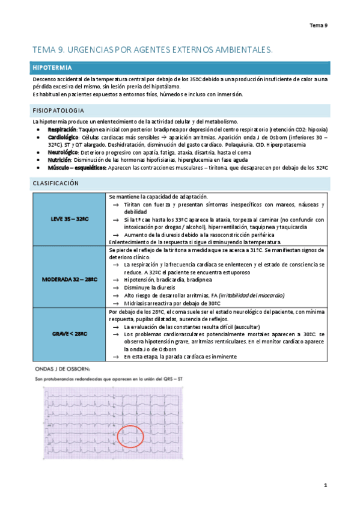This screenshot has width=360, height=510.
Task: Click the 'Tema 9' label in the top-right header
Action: click(318, 25)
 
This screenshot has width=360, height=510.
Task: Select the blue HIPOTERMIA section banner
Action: click(180, 67)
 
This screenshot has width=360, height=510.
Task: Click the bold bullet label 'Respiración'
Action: click(62, 129)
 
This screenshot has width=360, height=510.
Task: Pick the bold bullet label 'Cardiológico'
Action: click(63, 137)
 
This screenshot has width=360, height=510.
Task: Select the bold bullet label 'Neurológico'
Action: click(63, 153)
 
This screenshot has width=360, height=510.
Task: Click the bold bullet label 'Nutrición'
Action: click(59, 160)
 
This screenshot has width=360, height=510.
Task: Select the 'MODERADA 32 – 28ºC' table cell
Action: click(70, 280)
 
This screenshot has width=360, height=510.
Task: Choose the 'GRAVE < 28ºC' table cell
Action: click(70, 333)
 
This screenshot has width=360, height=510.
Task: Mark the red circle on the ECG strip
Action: click(130, 435)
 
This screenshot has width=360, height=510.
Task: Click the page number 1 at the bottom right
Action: click(325, 484)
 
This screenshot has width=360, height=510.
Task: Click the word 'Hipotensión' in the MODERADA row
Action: click(140, 280)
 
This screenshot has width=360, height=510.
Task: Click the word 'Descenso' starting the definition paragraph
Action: click(45, 79)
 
